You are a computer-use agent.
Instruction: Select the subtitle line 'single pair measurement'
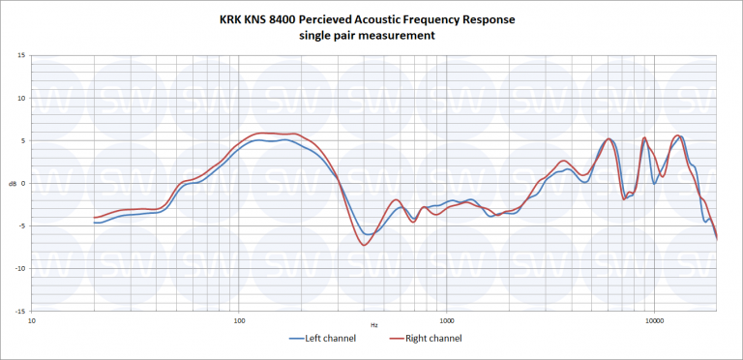pyautogui.click(x=371, y=35)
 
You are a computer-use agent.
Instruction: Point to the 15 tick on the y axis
pyautogui.click(x=21, y=55)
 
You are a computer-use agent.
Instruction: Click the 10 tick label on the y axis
pyautogui.click(x=21, y=98)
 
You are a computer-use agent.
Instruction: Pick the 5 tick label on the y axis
pyautogui.click(x=23, y=140)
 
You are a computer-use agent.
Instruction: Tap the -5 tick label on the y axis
pyautogui.click(x=21, y=225)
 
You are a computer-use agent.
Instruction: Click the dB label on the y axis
pyautogui.click(x=12, y=183)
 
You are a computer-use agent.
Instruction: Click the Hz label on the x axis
pyautogui.click(x=373, y=324)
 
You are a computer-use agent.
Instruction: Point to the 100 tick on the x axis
pyautogui.click(x=239, y=318)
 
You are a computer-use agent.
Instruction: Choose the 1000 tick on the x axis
pyautogui.click(x=446, y=318)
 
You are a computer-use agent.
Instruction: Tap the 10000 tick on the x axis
pyautogui.click(x=654, y=318)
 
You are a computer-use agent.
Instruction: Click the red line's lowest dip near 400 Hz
pyautogui.click(x=365, y=245)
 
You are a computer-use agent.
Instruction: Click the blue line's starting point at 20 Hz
pyautogui.click(x=94, y=223)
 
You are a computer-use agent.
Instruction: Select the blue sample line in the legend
pyautogui.click(x=298, y=339)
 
